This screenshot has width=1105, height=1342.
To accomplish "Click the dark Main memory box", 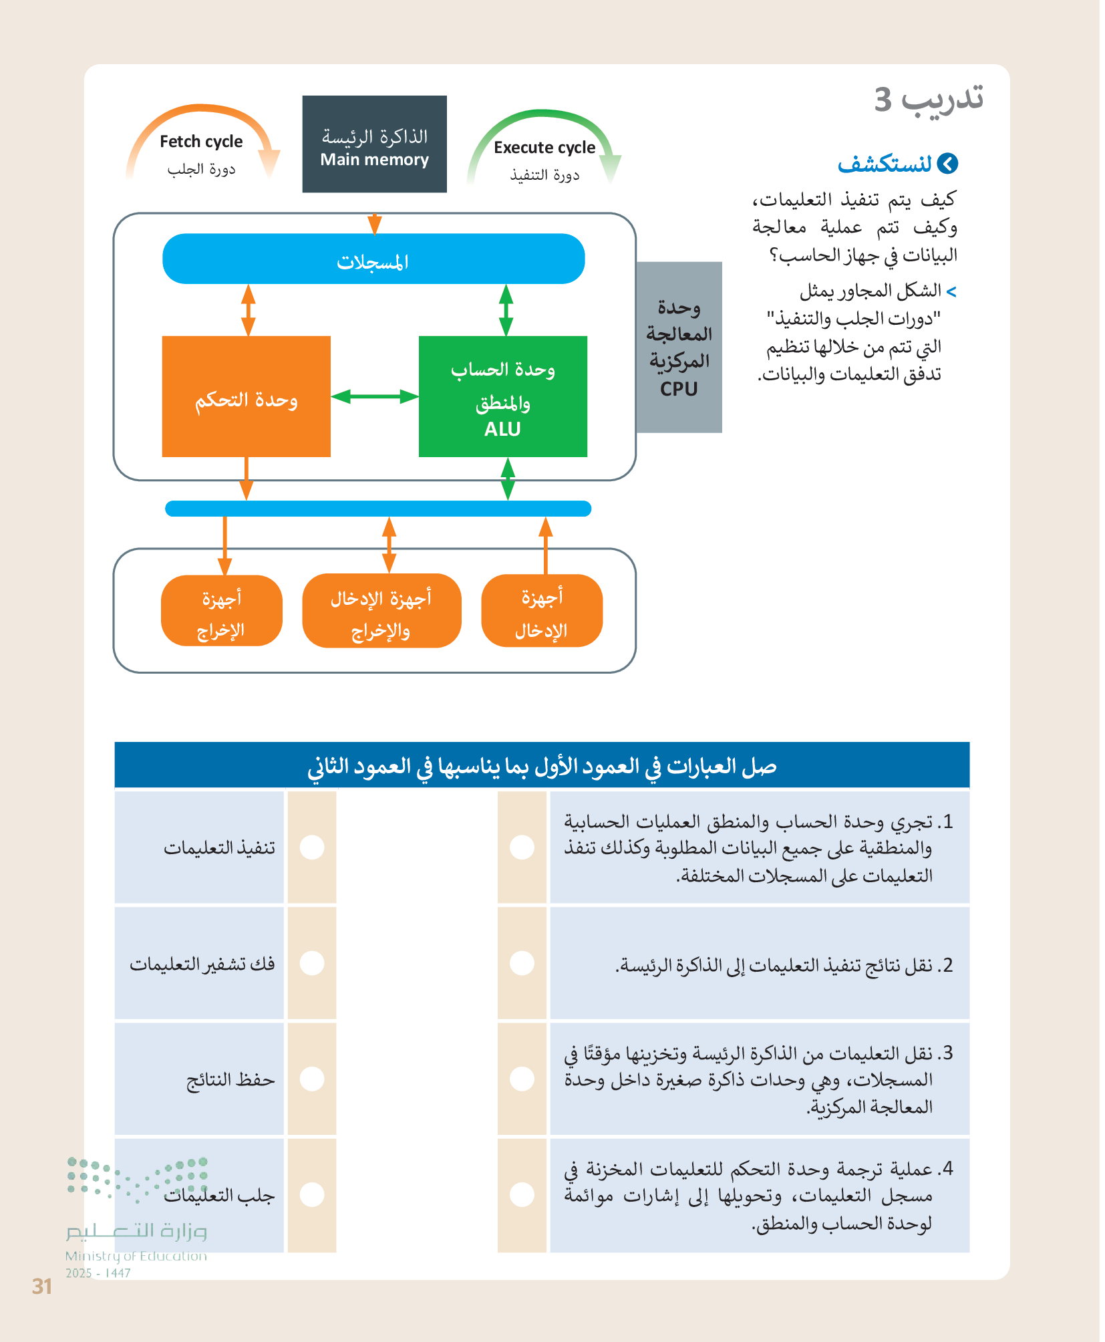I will click(374, 144).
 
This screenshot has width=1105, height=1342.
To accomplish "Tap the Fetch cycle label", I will click(201, 142).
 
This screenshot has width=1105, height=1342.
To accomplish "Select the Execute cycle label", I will click(544, 148).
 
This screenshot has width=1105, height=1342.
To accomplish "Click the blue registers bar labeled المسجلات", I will click(373, 259).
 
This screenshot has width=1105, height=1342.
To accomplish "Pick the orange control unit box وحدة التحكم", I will click(246, 397).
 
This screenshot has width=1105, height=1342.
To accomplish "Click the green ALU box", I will click(502, 397).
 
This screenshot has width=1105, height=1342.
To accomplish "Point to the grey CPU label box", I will click(679, 348).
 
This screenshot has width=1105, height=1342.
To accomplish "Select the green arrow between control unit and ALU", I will click(374, 396).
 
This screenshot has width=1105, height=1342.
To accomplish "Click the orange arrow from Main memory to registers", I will click(375, 223).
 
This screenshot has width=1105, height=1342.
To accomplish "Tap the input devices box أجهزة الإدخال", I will click(542, 611).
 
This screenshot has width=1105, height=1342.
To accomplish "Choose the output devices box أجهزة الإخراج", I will click(222, 611).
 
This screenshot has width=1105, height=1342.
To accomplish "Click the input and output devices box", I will click(381, 611).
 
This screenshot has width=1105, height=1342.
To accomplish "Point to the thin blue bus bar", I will click(377, 509).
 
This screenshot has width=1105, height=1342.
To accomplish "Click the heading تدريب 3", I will click(929, 99).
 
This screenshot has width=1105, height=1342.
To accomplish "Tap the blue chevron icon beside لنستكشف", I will click(947, 164).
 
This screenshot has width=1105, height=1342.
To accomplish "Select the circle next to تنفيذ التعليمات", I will click(312, 847).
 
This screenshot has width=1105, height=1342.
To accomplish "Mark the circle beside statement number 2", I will click(522, 963).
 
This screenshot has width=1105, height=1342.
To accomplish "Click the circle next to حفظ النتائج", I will click(312, 1079).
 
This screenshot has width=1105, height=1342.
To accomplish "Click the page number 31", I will click(42, 1287).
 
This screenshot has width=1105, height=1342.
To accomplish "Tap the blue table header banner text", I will click(542, 766).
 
